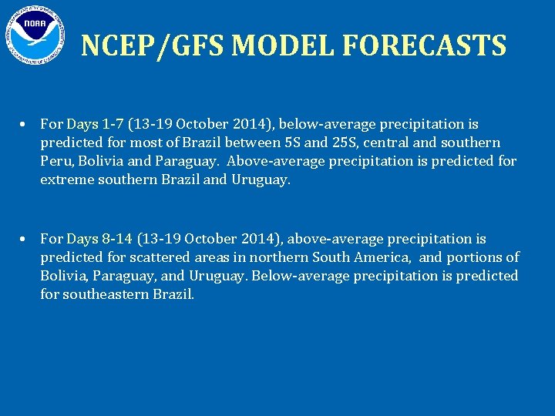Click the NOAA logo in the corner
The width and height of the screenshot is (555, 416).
[x=35, y=35]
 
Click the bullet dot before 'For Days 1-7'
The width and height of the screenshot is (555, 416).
[x=25, y=124]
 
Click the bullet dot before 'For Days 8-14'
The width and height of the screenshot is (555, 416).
[x=25, y=240]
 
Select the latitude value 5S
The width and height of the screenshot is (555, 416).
[x=294, y=143]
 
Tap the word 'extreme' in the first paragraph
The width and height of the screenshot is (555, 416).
[x=67, y=180]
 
